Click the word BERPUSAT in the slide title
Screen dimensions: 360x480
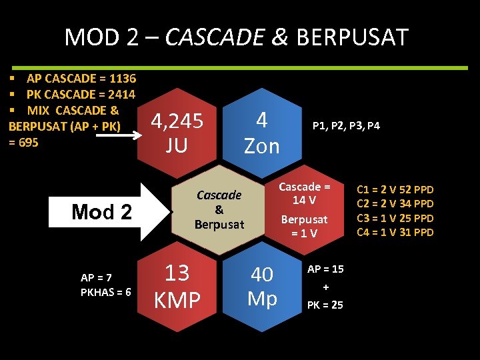[351, 37]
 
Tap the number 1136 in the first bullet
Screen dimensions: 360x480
[121, 79]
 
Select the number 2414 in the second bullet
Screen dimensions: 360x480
[121, 95]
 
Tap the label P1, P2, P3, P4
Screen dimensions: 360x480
[347, 125]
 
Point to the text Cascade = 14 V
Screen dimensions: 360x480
[304, 193]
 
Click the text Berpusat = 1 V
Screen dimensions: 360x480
[304, 225]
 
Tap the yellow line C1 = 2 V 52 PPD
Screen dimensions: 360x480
[395, 189]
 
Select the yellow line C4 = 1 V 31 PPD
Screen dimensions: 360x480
[395, 232]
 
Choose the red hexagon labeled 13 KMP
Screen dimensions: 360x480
[177, 287]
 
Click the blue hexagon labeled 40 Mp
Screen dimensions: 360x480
[262, 287]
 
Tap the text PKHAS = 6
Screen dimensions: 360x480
[105, 292]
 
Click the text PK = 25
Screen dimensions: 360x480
[325, 305]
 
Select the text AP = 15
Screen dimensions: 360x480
[325, 269]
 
